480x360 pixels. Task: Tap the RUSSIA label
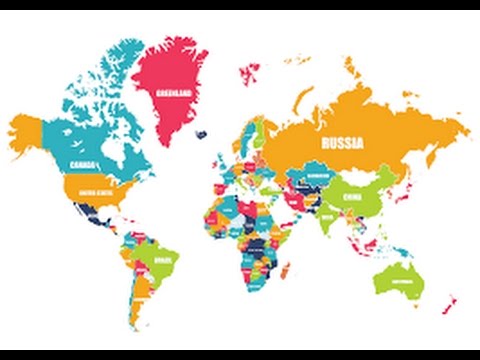[x=341, y=144]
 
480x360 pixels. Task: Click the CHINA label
[x=357, y=199]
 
